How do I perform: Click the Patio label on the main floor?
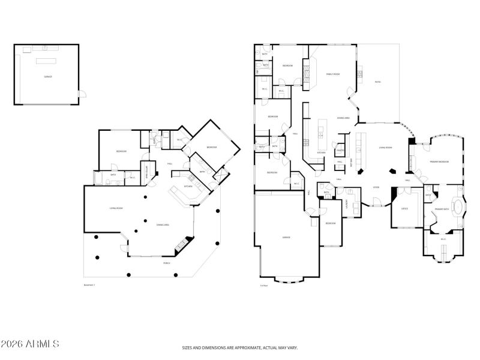pyautogui.click(x=377, y=82)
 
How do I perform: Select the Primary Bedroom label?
pyautogui.click(x=440, y=162)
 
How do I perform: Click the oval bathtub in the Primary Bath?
pyautogui.click(x=458, y=208)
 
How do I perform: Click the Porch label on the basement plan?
pyautogui.click(x=167, y=263)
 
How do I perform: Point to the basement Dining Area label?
pyautogui.click(x=163, y=225)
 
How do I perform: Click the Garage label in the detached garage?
pyautogui.click(x=47, y=77)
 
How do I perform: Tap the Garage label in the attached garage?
pyautogui.click(x=287, y=237)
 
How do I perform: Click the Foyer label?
pyautogui.click(x=376, y=187)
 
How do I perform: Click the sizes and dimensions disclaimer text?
pyautogui.click(x=240, y=347)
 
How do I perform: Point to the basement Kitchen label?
pyautogui.click(x=188, y=187)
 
